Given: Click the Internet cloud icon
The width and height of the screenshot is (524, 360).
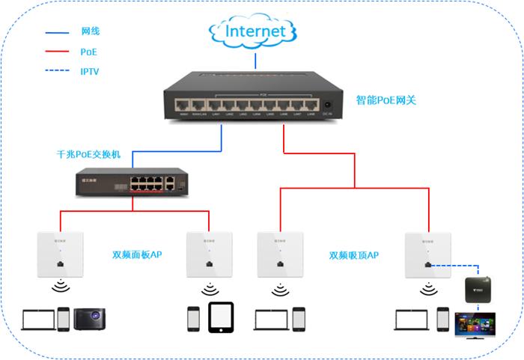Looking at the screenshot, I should tap(255, 31).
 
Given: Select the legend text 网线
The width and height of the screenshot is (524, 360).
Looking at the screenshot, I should tap(90, 31).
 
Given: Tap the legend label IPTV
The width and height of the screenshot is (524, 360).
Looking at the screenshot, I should tap(90, 72).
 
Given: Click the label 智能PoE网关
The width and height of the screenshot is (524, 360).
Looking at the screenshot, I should tap(386, 100).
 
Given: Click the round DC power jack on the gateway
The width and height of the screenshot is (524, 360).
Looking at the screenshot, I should tap(326, 106).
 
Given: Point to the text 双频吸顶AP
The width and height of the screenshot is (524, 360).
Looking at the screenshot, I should tap(353, 255).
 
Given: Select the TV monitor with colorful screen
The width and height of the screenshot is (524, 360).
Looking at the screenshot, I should tap(480, 325).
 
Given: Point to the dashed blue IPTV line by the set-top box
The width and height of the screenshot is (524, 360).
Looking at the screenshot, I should tap(458, 265).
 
